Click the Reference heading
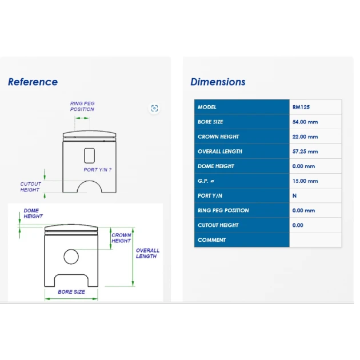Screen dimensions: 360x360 [33, 82]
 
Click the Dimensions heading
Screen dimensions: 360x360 [218, 82]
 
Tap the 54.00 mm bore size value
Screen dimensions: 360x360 [305, 122]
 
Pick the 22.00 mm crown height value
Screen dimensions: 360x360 [305, 137]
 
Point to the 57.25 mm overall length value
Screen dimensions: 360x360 [305, 151]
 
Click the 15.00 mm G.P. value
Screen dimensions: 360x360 [305, 181]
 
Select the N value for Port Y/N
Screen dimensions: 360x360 [294, 195]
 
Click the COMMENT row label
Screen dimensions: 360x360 [211, 240]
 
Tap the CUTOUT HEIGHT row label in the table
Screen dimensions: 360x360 [218, 225]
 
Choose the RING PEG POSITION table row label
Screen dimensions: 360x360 [223, 210]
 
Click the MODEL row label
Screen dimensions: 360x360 [207, 107]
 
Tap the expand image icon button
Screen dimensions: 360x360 [154, 108]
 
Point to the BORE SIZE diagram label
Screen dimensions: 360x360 [71, 292]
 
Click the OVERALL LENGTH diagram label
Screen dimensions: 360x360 [147, 253]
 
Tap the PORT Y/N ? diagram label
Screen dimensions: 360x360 [98, 170]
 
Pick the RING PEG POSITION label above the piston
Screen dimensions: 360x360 [82, 106]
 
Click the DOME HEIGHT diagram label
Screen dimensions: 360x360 [33, 213]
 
